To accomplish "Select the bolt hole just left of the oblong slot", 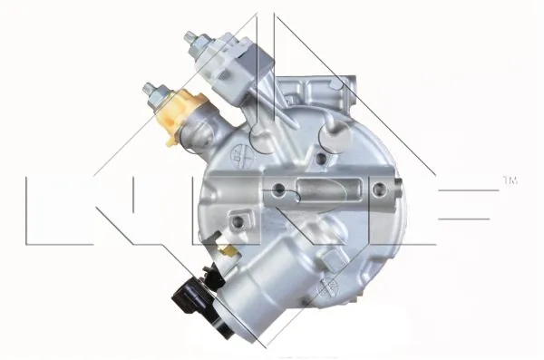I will coord(280,190).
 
